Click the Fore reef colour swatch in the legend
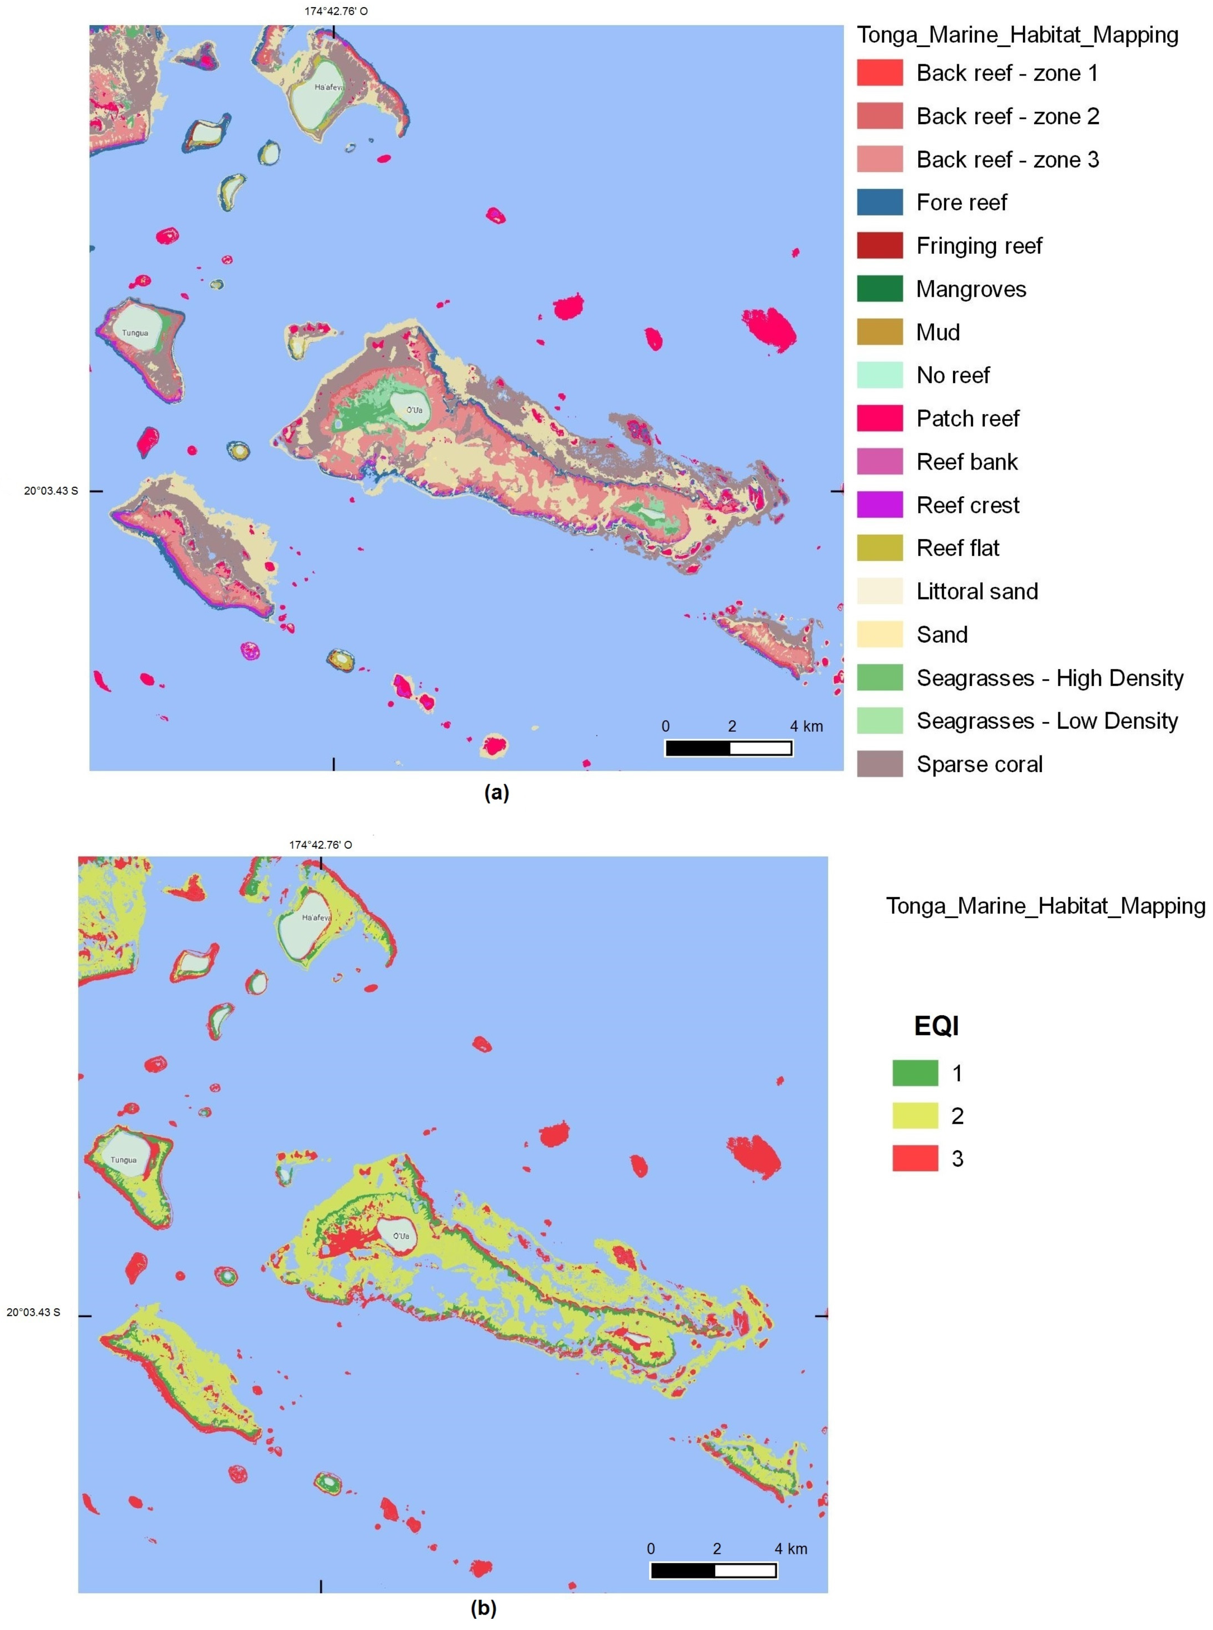(x=879, y=202)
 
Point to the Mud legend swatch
(x=879, y=332)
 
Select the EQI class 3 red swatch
(x=915, y=1158)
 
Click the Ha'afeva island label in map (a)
(x=328, y=87)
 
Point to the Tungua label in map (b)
(x=123, y=1160)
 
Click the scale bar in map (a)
(x=729, y=748)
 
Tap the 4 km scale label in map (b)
(x=791, y=1548)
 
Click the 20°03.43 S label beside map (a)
(x=51, y=491)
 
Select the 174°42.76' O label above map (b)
(x=320, y=845)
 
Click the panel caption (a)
(x=496, y=792)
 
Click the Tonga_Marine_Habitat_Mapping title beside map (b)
(x=1045, y=906)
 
